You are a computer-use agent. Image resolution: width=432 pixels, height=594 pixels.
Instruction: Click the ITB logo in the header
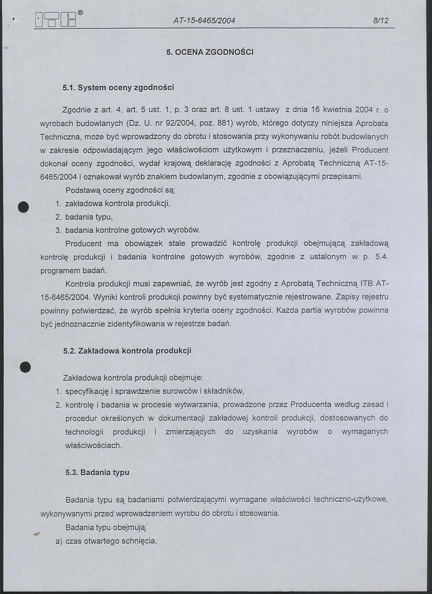(x=55, y=20)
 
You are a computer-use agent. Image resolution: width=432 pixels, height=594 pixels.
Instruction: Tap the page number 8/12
(x=381, y=20)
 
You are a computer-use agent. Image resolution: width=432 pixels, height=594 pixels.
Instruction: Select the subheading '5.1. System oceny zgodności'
(x=118, y=87)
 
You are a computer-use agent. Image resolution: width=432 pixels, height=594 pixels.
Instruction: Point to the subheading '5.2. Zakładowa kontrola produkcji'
(x=127, y=351)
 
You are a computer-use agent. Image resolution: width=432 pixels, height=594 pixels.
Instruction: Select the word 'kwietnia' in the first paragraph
(x=338, y=110)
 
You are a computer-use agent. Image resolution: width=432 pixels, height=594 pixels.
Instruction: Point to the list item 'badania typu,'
(x=89, y=217)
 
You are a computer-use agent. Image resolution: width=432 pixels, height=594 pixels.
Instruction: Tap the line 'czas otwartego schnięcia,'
(x=111, y=541)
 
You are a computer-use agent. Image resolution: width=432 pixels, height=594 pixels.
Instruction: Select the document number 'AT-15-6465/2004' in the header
(x=204, y=20)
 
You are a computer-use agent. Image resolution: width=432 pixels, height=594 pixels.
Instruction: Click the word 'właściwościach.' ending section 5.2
(x=93, y=445)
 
